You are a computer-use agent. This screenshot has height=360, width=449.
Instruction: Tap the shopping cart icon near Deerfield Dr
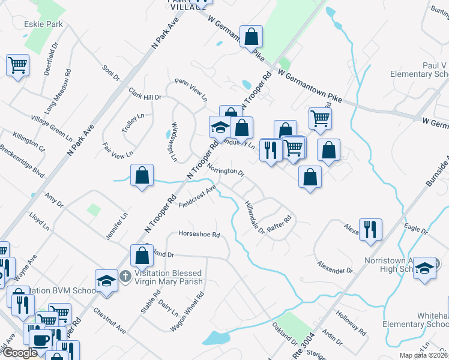[x=18, y=65]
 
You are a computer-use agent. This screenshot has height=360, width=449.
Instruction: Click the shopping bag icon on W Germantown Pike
[x=252, y=37]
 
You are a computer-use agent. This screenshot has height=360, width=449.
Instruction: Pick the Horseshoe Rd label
[x=199, y=234]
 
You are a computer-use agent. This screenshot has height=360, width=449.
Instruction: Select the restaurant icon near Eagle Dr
[x=370, y=229]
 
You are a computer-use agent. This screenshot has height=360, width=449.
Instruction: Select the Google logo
[x=20, y=353]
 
